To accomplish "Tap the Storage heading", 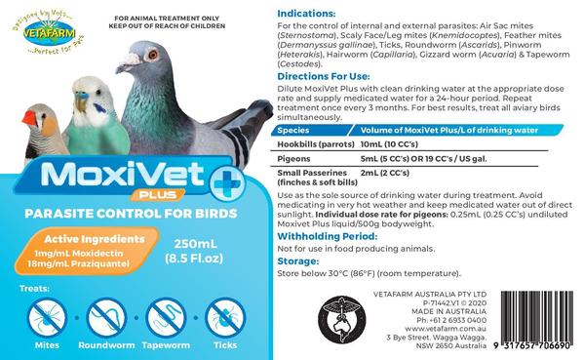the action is tap(299, 261).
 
